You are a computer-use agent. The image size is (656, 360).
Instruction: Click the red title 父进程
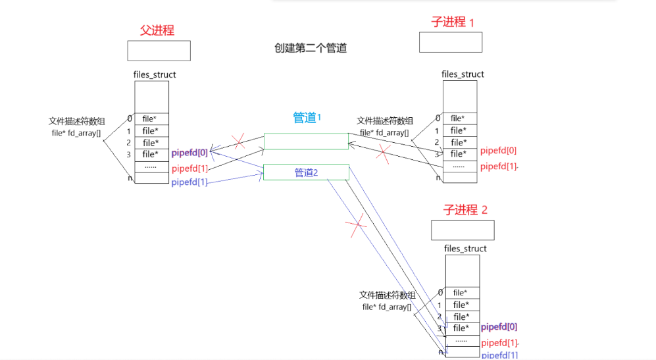click(157, 30)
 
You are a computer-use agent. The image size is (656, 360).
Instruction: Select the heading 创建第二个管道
click(310, 48)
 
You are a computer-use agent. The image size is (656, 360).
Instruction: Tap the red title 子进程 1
click(453, 22)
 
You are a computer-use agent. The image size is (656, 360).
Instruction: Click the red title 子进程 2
click(466, 210)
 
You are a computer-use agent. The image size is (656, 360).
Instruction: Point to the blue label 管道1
click(306, 118)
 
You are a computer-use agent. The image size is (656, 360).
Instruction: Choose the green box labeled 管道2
click(306, 172)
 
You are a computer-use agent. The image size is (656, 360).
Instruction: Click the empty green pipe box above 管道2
click(306, 141)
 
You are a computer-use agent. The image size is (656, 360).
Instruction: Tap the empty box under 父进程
click(159, 51)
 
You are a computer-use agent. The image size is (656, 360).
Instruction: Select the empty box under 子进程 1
click(450, 42)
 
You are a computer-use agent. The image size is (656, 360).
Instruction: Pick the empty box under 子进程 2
click(463, 230)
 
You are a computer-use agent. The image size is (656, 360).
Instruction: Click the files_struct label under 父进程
click(155, 74)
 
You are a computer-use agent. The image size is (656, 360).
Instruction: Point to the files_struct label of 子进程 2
click(465, 248)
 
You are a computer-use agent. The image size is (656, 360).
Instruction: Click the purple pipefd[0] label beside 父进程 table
click(189, 153)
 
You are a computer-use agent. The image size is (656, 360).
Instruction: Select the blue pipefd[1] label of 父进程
click(189, 182)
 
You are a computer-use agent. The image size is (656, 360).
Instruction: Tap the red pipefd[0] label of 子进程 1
click(498, 151)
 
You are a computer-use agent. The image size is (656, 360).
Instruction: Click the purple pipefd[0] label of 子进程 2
click(499, 326)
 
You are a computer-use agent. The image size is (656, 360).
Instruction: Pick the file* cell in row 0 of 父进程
click(150, 119)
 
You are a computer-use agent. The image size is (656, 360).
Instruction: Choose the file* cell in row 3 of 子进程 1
click(458, 154)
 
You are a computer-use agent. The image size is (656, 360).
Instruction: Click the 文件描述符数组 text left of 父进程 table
click(76, 121)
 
